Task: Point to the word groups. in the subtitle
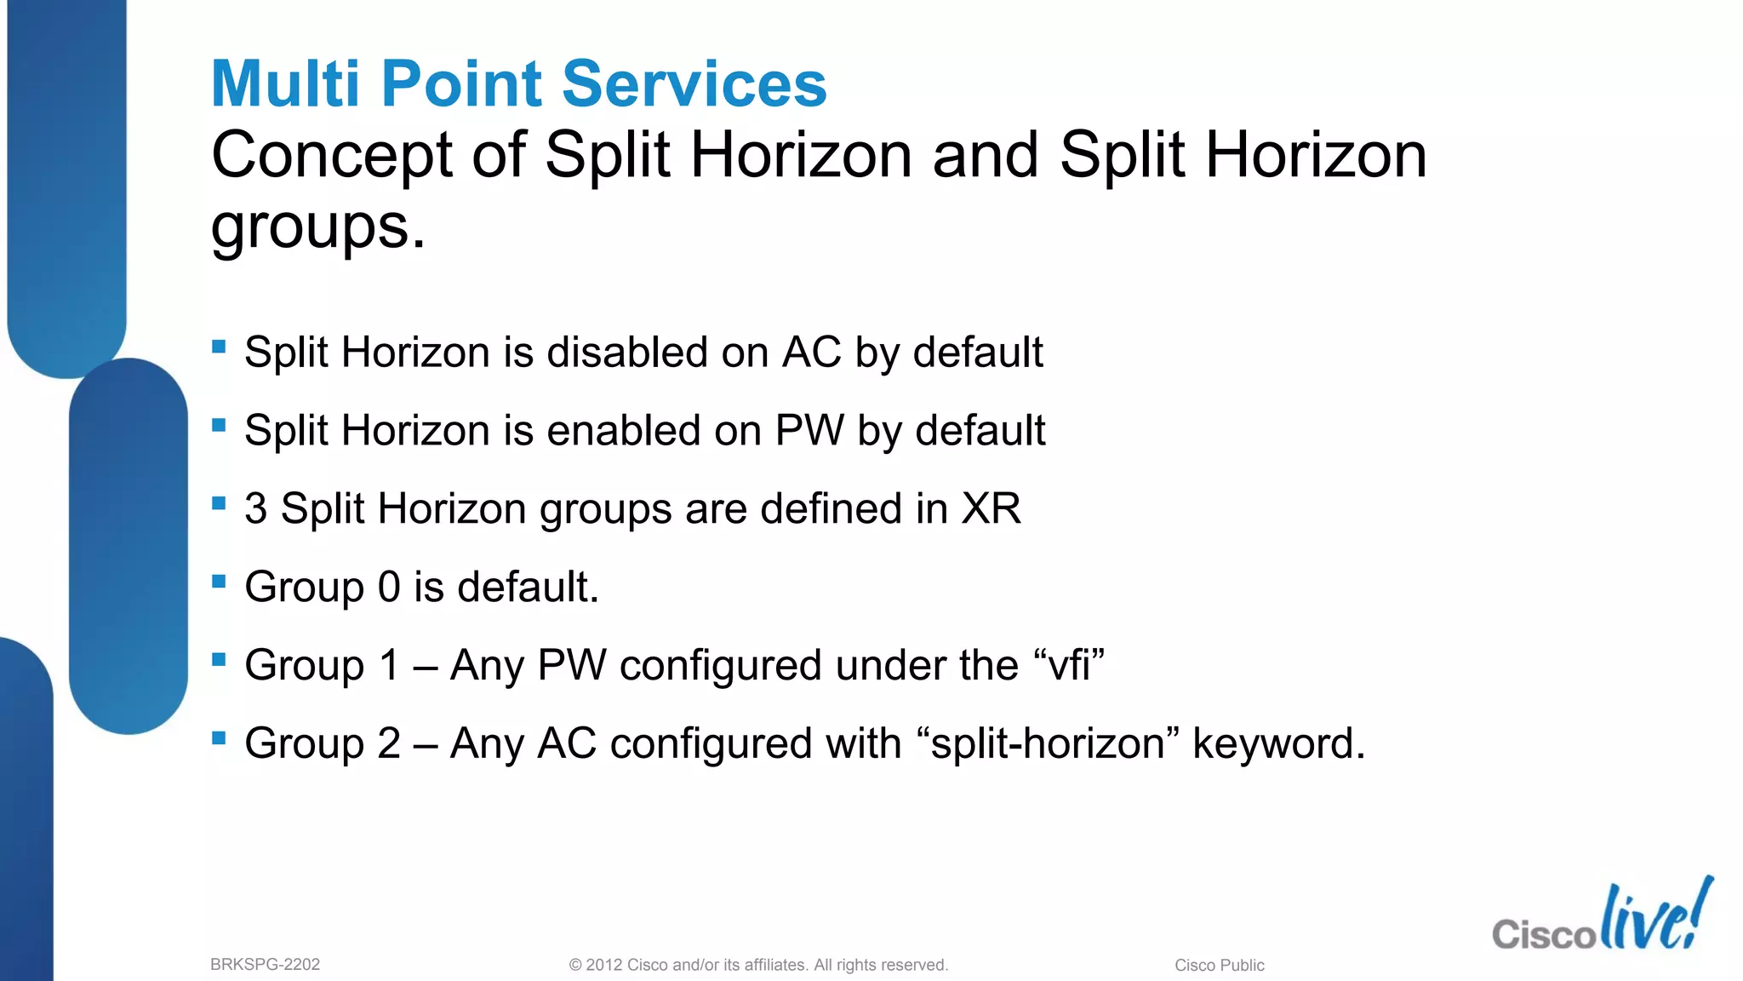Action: click(x=317, y=227)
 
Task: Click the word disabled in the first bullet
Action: click(x=627, y=352)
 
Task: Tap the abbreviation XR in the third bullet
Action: click(x=990, y=508)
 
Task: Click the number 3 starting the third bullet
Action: click(x=255, y=508)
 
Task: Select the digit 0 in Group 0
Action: click(x=389, y=587)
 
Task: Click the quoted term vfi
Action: click(x=1069, y=665)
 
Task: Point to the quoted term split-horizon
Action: click(x=1047, y=743)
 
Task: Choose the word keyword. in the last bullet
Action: click(x=1278, y=743)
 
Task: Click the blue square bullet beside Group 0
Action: click(x=219, y=582)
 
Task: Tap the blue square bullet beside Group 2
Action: click(x=219, y=737)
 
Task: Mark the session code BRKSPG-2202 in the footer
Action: click(x=265, y=965)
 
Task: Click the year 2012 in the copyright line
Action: click(x=604, y=965)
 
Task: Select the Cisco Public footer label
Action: click(x=1219, y=965)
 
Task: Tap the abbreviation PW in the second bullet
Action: click(x=809, y=430)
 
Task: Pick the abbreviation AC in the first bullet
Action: click(x=812, y=352)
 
